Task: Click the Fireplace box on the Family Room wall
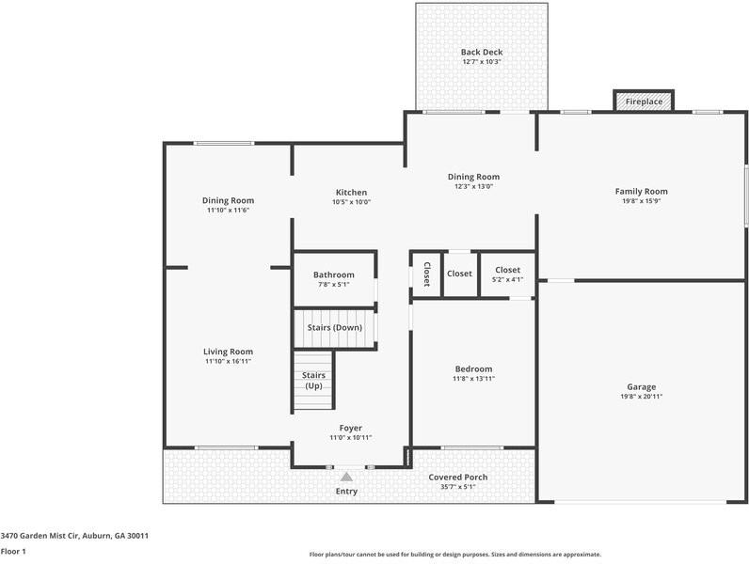tap(645, 101)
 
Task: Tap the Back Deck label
tap(481, 52)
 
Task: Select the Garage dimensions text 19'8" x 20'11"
tap(641, 398)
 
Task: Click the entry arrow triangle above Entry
tap(347, 477)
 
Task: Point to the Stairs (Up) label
tap(313, 381)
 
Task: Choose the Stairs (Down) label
tap(334, 327)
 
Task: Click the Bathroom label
tap(333, 274)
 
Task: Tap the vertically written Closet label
tap(426, 274)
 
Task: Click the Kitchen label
tap(351, 192)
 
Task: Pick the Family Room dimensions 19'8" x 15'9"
tap(641, 201)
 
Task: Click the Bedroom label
tap(473, 368)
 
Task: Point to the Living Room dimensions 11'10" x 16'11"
tap(228, 361)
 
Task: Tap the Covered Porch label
tap(458, 477)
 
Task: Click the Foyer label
tap(350, 428)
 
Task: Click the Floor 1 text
tap(13, 551)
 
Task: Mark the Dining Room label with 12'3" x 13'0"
tap(473, 177)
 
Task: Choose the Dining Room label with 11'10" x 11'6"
tap(228, 200)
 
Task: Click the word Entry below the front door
tap(347, 492)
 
